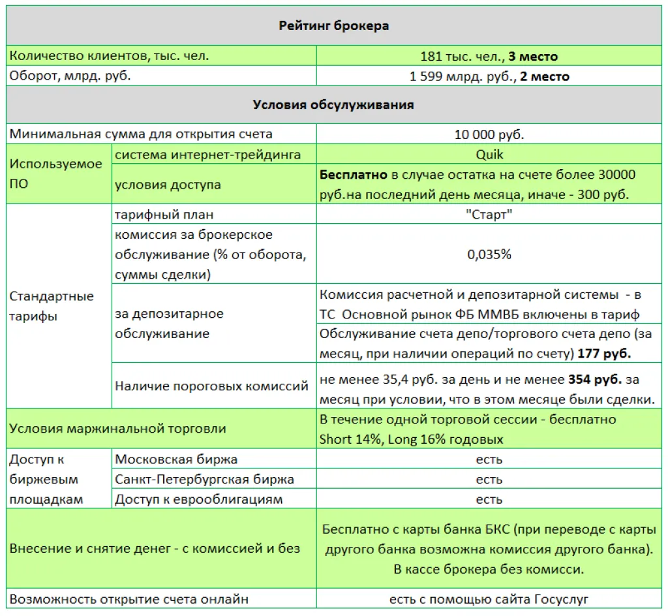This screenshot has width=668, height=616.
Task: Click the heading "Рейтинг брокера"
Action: [334, 26]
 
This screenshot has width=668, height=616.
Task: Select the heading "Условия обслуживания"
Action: [333, 104]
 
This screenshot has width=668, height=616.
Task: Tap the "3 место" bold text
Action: [534, 57]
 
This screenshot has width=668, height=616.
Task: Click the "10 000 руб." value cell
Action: [489, 134]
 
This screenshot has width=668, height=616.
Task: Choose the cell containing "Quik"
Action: [489, 155]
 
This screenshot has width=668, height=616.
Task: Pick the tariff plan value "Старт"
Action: [489, 215]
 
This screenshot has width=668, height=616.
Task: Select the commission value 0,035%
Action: [489, 254]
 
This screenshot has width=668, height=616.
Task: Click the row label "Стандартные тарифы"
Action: [52, 306]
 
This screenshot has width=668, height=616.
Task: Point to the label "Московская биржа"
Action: [176, 459]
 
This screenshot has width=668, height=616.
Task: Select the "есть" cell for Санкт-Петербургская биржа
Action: [489, 480]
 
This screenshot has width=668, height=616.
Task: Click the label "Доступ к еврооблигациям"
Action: [199, 500]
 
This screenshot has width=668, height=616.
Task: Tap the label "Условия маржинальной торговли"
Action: [118, 429]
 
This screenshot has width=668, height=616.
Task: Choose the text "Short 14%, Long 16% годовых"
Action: [411, 439]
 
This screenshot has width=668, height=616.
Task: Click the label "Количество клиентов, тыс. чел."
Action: [109, 56]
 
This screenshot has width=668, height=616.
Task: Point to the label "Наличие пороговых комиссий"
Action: [211, 386]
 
